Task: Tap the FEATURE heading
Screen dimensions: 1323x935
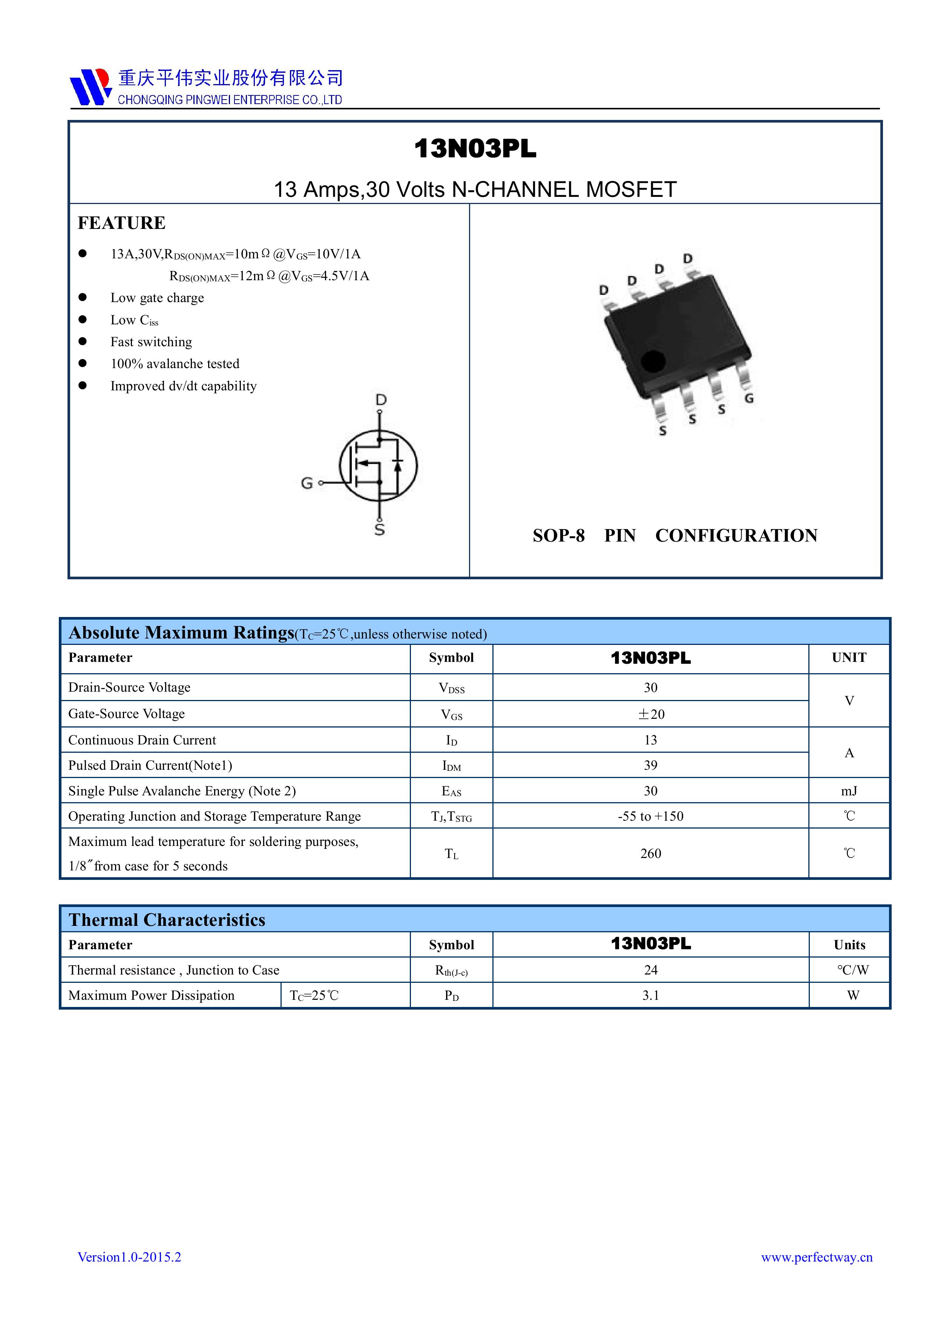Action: (x=121, y=223)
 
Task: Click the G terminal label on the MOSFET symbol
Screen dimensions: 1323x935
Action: (x=307, y=483)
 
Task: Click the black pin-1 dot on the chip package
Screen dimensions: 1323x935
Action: (x=653, y=361)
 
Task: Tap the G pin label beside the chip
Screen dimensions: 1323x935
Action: (x=749, y=398)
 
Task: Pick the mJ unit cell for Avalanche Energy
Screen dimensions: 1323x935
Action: (x=849, y=790)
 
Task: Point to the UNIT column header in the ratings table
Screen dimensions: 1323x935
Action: (x=849, y=657)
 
